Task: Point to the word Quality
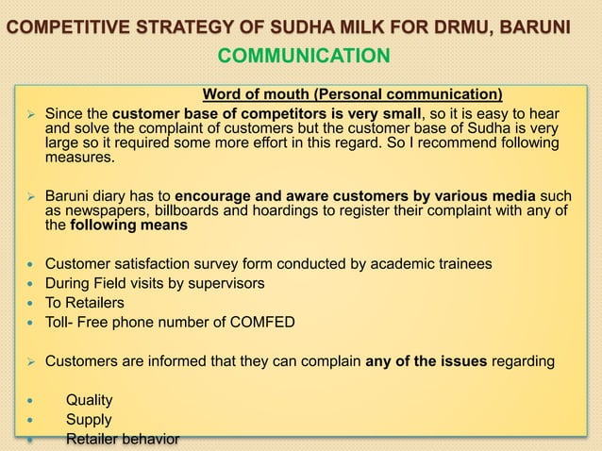pos(89,400)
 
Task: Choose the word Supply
pos(89,419)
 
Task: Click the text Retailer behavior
pos(122,439)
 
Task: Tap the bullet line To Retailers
pos(84,303)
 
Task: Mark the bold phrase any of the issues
pos(429,359)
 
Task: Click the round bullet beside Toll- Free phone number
pos(30,323)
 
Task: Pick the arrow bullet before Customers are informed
pos(30,360)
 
